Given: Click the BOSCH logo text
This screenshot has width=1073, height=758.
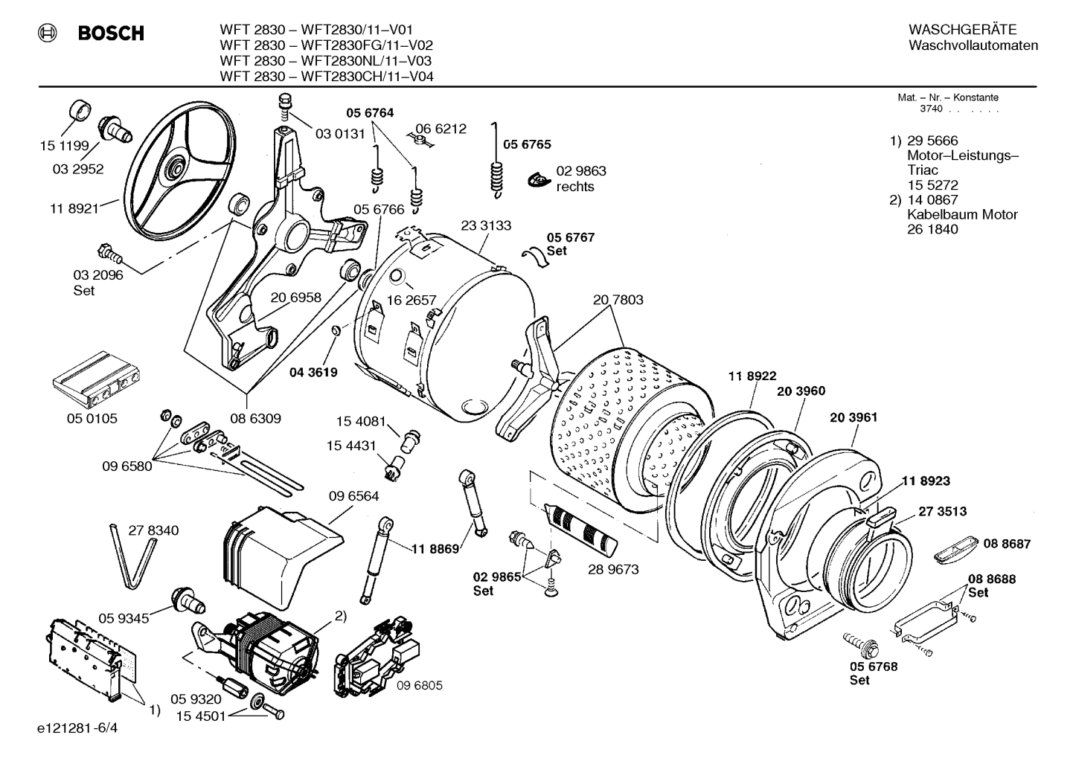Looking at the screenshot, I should (110, 33).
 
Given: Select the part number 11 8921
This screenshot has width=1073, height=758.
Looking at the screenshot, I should (74, 209).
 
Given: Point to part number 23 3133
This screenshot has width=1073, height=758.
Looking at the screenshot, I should (486, 226).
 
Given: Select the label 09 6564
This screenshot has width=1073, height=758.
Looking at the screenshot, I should (353, 496).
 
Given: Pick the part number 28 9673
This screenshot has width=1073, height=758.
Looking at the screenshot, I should (613, 570).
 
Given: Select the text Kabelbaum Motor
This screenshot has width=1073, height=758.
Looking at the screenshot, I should (961, 215).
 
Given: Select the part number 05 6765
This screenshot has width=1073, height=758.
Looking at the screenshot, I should (527, 144).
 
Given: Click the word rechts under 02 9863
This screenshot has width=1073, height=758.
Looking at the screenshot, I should (575, 187).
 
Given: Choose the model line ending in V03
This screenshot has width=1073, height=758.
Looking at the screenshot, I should (326, 61).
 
